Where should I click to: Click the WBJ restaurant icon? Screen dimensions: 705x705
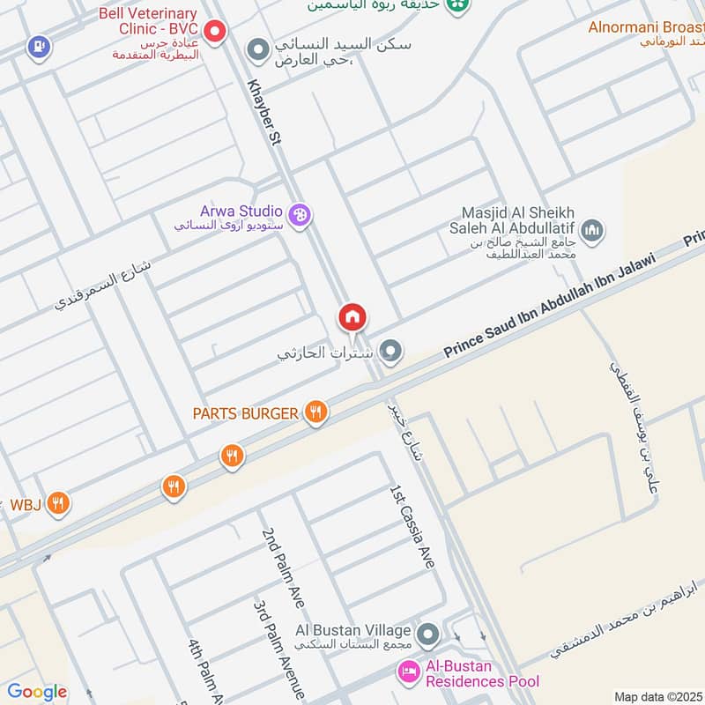coord(57,504)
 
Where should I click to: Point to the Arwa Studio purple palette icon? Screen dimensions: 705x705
coord(301,214)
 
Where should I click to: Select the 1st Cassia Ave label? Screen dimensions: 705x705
coord(412,525)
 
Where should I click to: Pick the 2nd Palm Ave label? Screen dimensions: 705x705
coord(282,568)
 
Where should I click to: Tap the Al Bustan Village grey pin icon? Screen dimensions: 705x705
coord(428,633)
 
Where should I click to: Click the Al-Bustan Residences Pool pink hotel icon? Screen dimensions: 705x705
coord(408,673)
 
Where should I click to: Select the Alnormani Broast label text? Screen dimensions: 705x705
coord(646,26)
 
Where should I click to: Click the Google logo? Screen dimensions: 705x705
coord(37,692)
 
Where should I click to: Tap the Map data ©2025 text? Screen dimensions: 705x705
coord(657,696)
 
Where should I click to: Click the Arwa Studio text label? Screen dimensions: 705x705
coord(241,211)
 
